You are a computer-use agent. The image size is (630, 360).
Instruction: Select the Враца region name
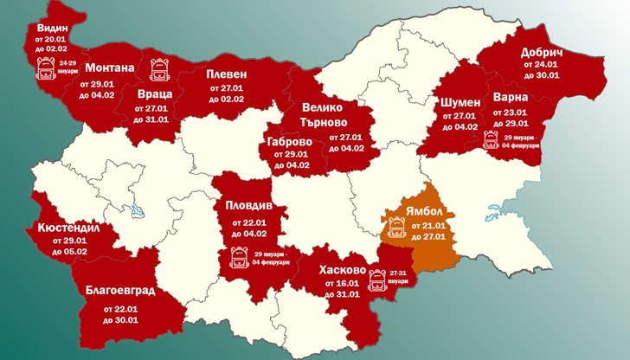click(156, 93)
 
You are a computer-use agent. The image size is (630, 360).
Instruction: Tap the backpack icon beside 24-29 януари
click(46, 69)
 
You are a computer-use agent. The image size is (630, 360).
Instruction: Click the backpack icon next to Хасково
click(376, 280)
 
